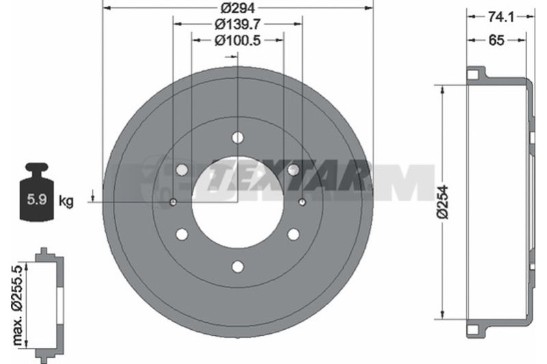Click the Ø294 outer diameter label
click(x=238, y=8)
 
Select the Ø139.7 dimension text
click(x=238, y=24)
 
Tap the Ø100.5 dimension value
click(x=238, y=40)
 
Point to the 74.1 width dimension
click(x=501, y=16)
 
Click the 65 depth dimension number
click(x=496, y=40)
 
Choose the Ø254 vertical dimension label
click(x=443, y=203)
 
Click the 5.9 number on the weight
click(x=37, y=200)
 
